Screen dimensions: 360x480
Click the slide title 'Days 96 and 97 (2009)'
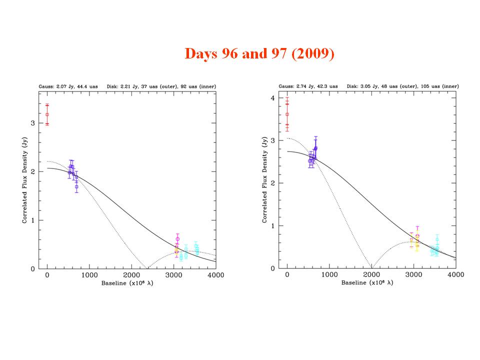pos(259,53)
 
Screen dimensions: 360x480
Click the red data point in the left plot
pos(47,114)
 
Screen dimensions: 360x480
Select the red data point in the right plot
pos(287,114)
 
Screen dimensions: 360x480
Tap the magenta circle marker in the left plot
pos(177,239)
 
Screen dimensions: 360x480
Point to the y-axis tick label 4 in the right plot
pos(272,98)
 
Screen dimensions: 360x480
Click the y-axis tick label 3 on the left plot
pos(32,123)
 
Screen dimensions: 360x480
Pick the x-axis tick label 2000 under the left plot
pos(131,275)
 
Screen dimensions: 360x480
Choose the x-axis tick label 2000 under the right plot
pos(371,275)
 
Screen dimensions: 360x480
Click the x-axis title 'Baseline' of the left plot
pos(114,283)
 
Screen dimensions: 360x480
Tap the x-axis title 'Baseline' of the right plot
pos(354,283)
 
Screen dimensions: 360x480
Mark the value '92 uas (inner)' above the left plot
pos(199,86)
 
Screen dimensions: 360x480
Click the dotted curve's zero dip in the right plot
pos(371,267)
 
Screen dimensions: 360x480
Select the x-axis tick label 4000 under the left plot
pos(215,275)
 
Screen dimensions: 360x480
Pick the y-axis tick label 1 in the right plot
pos(272,226)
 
